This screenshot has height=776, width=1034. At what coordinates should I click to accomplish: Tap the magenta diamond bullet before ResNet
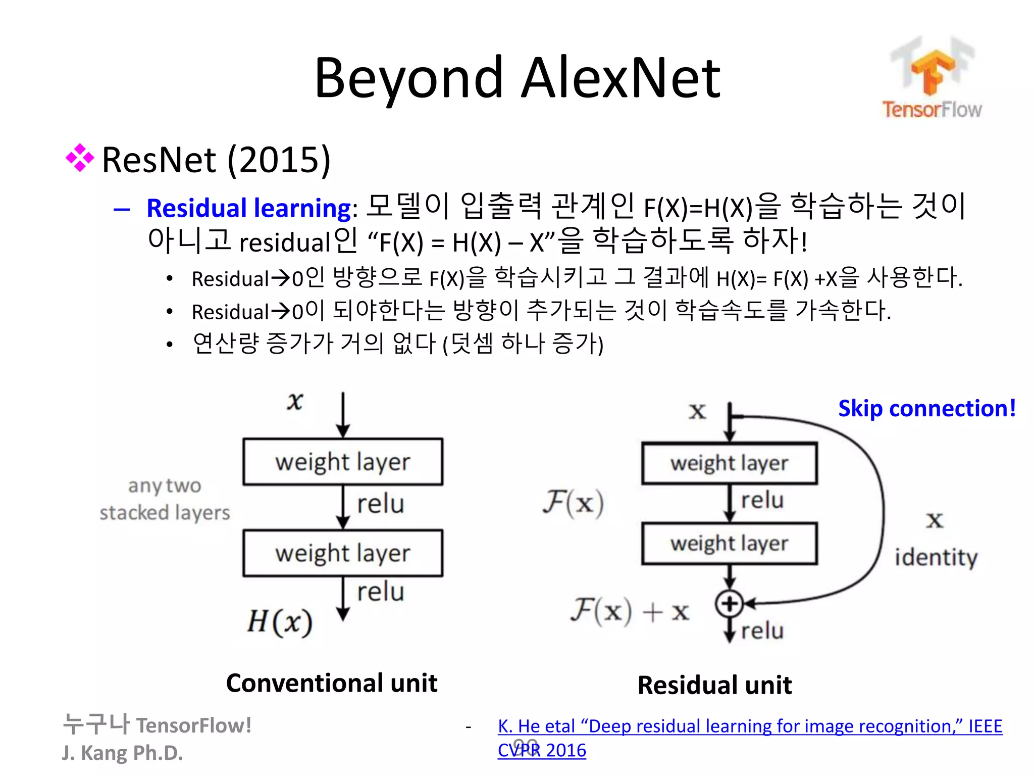(x=80, y=158)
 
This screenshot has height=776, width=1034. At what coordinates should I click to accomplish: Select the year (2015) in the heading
(x=279, y=160)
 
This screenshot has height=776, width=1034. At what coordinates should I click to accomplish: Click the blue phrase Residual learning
(x=249, y=208)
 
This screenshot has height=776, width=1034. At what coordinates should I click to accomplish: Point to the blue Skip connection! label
(x=927, y=408)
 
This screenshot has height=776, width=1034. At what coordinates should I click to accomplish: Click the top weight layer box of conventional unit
(x=343, y=462)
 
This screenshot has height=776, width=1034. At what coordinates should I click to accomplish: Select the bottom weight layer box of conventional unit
(x=343, y=553)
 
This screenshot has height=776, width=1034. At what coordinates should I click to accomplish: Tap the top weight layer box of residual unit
(x=729, y=463)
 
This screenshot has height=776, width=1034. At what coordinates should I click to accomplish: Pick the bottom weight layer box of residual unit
(x=729, y=544)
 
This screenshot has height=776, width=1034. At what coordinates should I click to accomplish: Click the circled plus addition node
(x=729, y=603)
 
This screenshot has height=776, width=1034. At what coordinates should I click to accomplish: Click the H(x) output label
(x=280, y=621)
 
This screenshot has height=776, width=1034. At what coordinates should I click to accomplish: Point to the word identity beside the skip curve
(x=936, y=558)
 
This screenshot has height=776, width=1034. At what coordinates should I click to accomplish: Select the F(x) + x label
(x=630, y=611)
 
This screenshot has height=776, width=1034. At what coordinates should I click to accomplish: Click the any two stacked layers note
(x=165, y=499)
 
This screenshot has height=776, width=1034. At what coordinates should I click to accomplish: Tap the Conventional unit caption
(x=331, y=683)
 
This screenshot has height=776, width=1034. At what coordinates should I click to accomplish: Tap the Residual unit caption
(x=714, y=685)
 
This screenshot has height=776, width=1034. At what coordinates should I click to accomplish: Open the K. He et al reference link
(x=749, y=726)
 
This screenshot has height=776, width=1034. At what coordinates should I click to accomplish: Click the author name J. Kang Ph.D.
(x=122, y=753)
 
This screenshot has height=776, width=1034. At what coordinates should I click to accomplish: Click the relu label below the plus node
(x=762, y=631)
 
